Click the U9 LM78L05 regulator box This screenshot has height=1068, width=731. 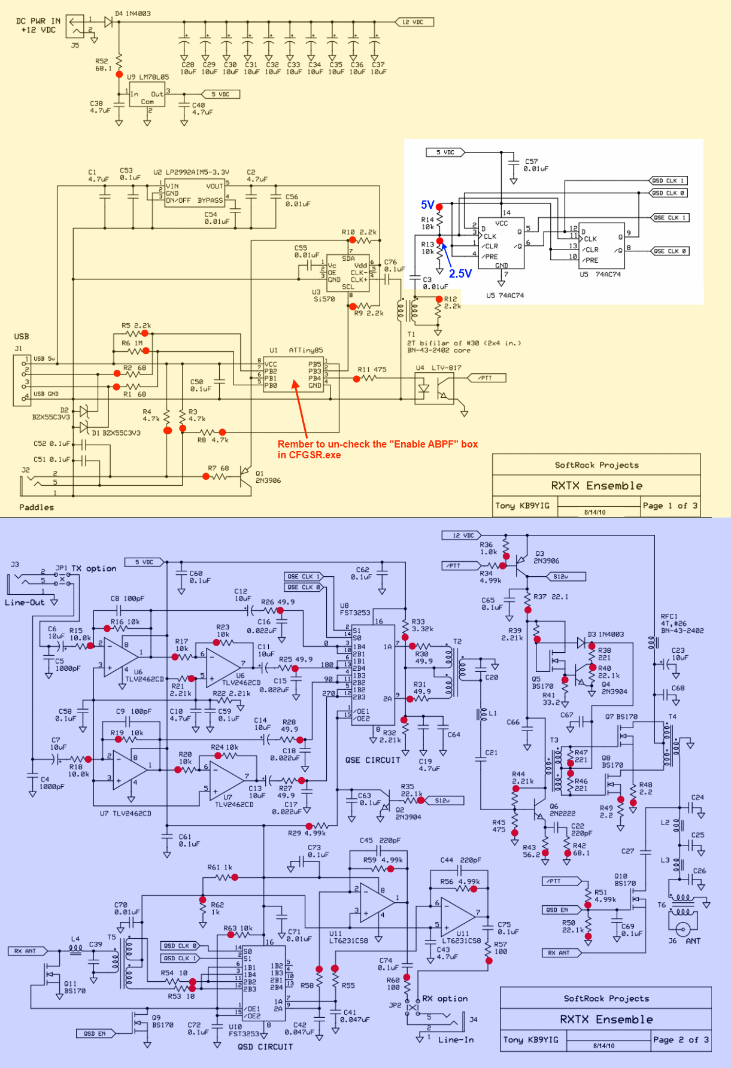[147, 97]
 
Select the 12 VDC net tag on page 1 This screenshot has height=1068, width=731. [414, 22]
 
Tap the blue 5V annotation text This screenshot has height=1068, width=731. [427, 205]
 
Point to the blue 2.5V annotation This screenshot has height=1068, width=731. [460, 273]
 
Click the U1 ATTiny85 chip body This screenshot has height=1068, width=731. [293, 375]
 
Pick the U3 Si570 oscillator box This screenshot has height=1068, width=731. [348, 273]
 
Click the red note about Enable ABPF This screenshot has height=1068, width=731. [377, 449]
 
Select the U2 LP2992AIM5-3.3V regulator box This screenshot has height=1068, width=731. [195, 193]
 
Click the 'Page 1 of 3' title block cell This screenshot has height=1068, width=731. [670, 506]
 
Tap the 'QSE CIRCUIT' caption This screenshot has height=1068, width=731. [372, 760]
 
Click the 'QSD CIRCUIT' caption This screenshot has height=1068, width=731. [265, 1047]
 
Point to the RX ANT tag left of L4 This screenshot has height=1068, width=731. [26, 951]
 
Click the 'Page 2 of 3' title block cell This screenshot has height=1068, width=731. [681, 1040]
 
